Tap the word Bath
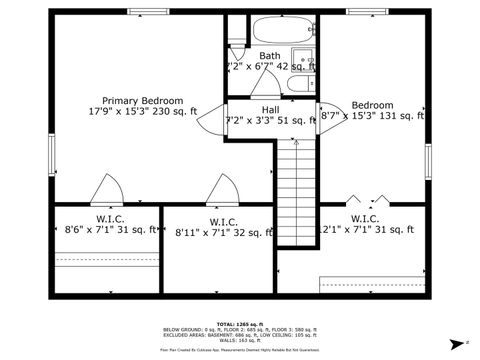(x=270, y=56)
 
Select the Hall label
(x=270, y=109)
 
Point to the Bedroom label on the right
(x=372, y=105)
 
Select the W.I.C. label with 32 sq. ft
(x=223, y=222)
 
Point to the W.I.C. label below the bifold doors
(x=364, y=218)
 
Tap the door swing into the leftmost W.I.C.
(x=105, y=189)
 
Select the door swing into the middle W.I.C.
(x=219, y=189)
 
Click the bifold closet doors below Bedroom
(x=362, y=197)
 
